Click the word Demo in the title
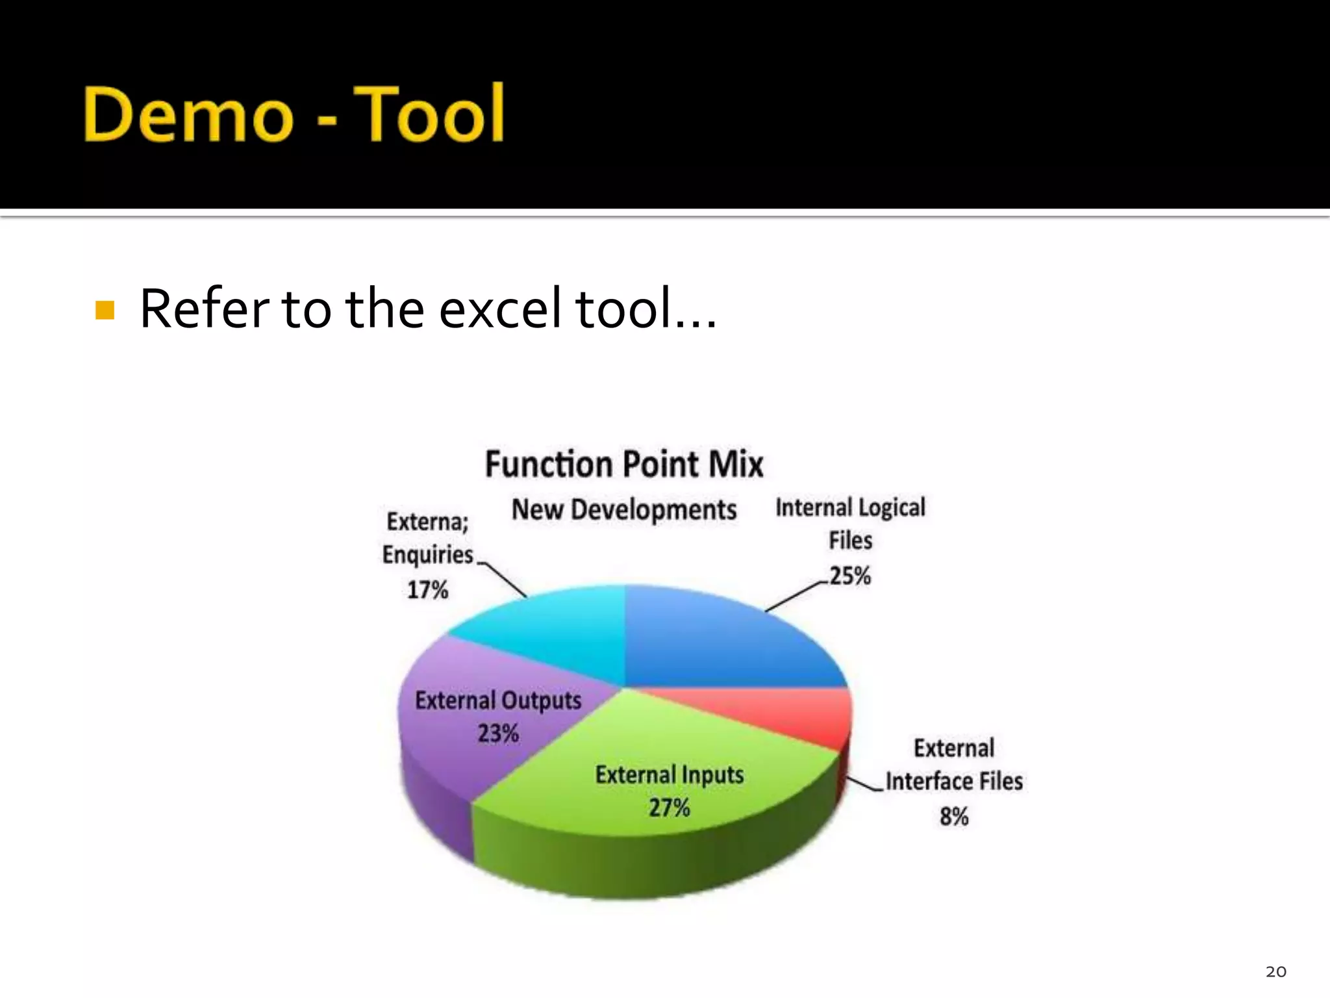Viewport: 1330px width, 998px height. pos(188,114)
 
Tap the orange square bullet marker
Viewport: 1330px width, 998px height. pos(105,310)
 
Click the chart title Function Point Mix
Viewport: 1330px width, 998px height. pos(624,465)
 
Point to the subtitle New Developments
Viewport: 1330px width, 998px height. pos(624,509)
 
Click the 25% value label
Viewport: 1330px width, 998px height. pos(849,576)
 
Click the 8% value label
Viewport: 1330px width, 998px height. pos(953,816)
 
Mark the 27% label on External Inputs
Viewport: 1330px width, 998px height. pos(669,808)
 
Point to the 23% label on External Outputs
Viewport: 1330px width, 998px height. pos(498,734)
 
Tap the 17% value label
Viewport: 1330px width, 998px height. pos(427,590)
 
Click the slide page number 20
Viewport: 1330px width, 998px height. pos(1275,971)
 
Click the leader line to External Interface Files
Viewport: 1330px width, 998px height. pos(865,785)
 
